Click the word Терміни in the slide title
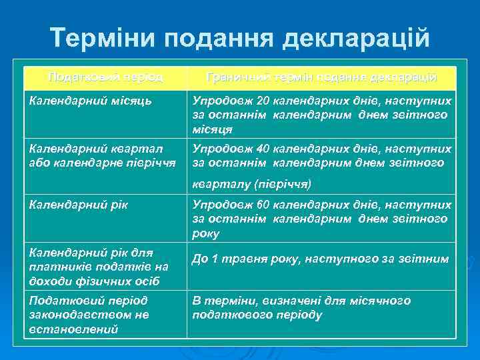click(x=100, y=39)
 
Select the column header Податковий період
click(x=105, y=77)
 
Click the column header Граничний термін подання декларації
click(x=322, y=77)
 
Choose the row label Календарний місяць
click(x=90, y=101)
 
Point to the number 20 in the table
click(x=263, y=101)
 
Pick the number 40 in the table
click(x=263, y=149)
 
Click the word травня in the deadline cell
click(x=242, y=259)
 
